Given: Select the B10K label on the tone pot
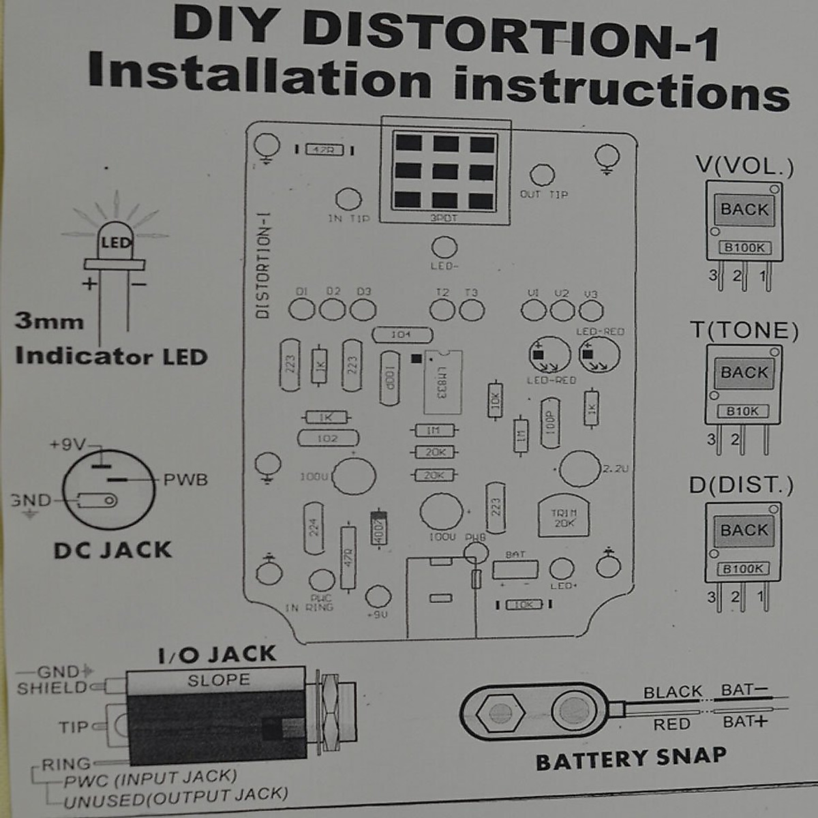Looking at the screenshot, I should [x=742, y=411].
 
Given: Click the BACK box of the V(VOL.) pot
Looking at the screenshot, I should [x=744, y=210].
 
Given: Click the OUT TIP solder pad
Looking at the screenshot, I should [x=542, y=175].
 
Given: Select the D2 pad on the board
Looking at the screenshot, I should [x=333, y=309].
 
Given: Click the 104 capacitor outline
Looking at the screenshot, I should [x=402, y=335].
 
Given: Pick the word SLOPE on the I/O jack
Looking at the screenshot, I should [x=219, y=680].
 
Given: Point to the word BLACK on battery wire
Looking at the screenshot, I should [x=672, y=692].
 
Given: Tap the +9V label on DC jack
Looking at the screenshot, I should [x=67, y=445].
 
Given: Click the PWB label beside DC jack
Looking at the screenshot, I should [x=185, y=479].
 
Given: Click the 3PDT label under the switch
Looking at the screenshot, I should [x=444, y=218].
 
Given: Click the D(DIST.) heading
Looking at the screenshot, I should [x=741, y=485].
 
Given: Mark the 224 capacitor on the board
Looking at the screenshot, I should [x=314, y=528].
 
